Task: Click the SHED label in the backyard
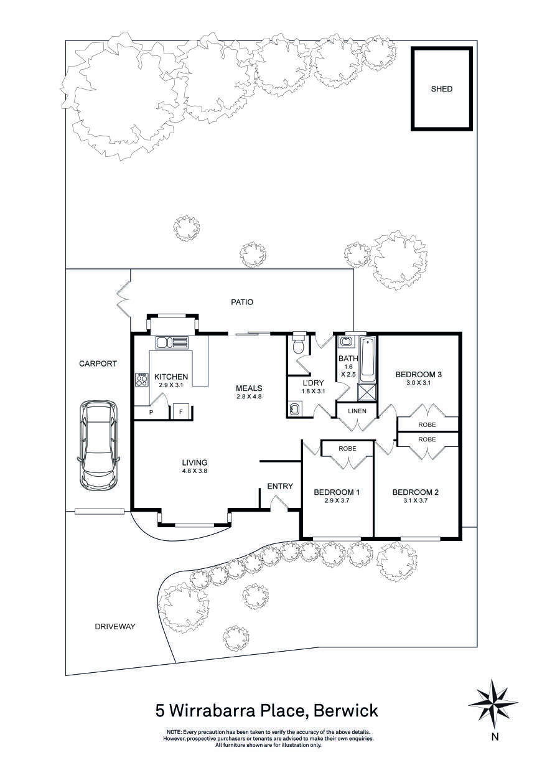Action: point(442,89)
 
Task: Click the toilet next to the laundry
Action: point(299,344)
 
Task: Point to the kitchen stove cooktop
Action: point(141,379)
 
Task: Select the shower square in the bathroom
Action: point(367,392)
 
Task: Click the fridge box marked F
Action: point(181,411)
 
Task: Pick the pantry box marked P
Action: point(151,412)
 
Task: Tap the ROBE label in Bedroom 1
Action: point(347,448)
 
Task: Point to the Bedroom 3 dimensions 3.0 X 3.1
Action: point(418,383)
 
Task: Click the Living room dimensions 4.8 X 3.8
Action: point(194,471)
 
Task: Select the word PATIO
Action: point(241,303)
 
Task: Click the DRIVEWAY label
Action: point(114,626)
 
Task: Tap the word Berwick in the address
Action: point(345,710)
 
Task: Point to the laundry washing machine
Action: point(294,409)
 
